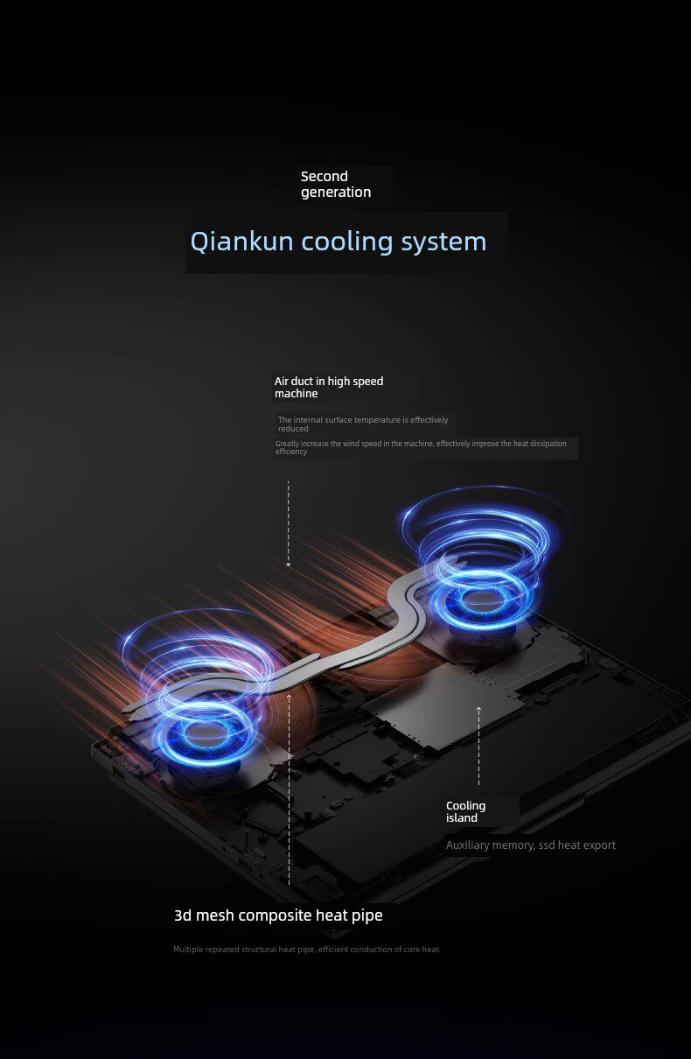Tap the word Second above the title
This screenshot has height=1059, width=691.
[325, 177]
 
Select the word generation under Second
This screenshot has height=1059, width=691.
[336, 193]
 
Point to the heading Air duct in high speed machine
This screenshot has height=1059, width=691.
[329, 387]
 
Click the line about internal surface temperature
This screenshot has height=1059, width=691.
[362, 424]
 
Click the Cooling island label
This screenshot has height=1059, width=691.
[465, 811]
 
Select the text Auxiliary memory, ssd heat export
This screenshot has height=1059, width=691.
[530, 845]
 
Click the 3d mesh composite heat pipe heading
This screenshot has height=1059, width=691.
[278, 915]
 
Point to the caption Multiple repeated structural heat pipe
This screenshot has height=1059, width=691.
[305, 950]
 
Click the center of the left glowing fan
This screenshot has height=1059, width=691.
[206, 733]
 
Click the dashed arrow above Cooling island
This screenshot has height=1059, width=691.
[478, 744]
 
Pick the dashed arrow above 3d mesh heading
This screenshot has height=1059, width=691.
[289, 788]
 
